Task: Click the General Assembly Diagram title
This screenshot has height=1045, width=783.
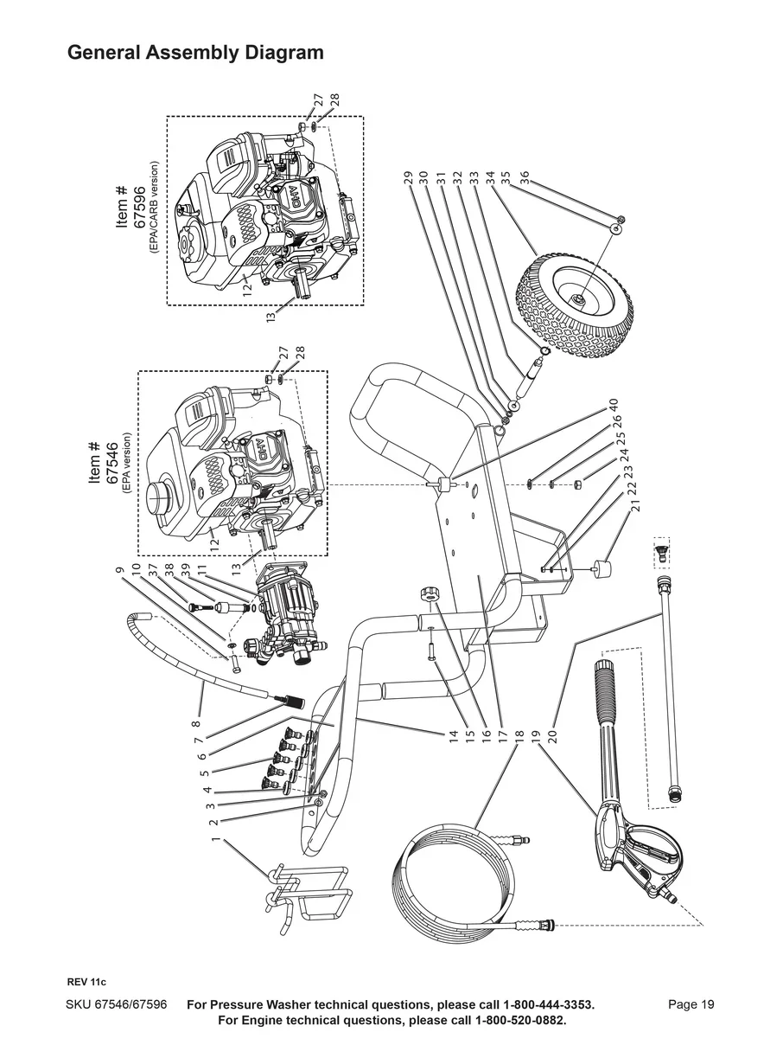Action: [x=195, y=53]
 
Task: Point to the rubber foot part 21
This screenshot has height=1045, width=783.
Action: [x=598, y=574]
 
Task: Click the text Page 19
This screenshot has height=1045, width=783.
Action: [x=691, y=1004]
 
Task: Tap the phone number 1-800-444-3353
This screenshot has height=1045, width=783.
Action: [x=536, y=1004]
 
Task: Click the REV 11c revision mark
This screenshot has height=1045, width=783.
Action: [x=86, y=982]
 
